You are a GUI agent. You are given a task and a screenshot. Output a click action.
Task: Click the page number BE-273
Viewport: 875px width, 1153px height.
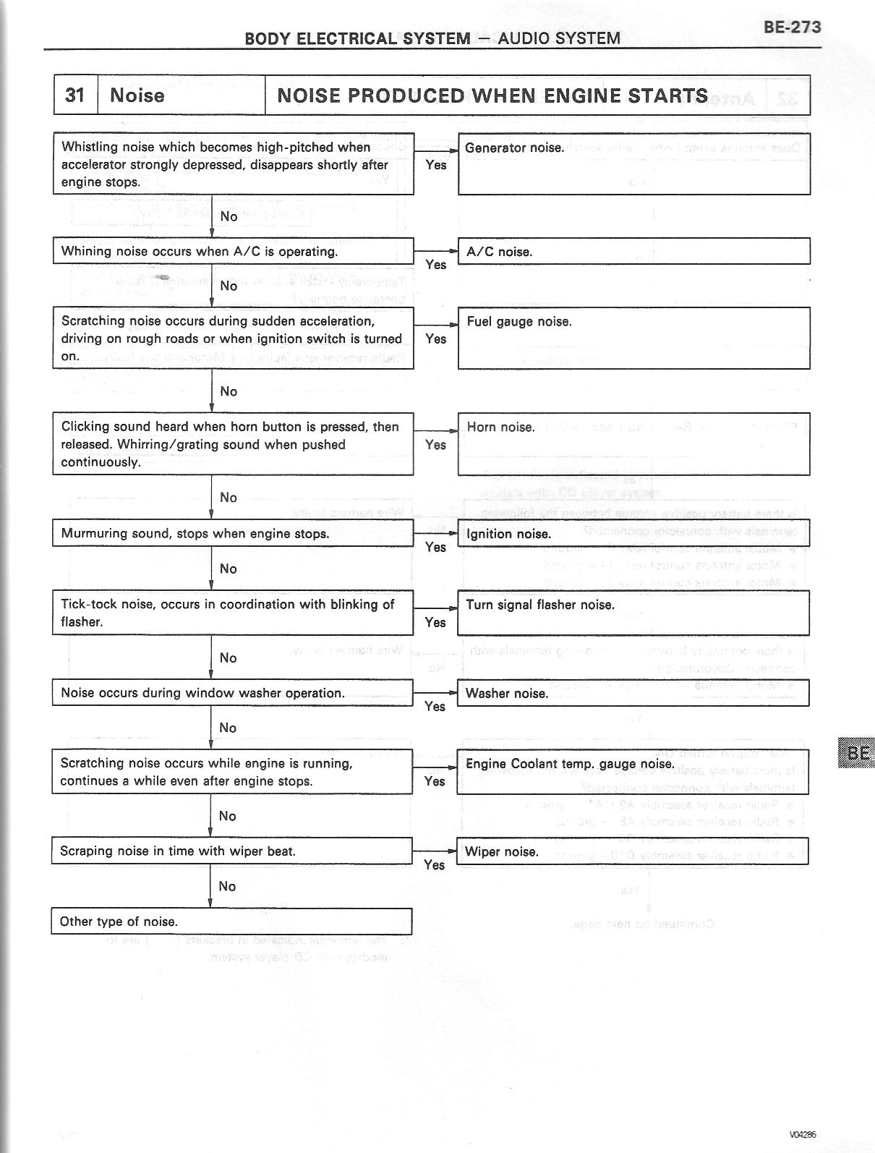click(792, 27)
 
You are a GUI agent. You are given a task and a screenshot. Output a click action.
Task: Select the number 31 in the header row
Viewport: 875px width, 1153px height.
click(74, 95)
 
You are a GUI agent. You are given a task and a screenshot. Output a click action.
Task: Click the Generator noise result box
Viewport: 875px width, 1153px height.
click(633, 164)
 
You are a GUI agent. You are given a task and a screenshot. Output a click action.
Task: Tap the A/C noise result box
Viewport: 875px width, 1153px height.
click(633, 252)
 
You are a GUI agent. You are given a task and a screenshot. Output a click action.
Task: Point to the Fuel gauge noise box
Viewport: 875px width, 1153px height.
click(633, 338)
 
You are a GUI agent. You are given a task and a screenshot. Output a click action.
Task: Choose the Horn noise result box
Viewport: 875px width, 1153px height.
click(633, 443)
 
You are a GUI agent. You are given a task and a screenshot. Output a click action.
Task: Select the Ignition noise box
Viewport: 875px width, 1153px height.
click(633, 533)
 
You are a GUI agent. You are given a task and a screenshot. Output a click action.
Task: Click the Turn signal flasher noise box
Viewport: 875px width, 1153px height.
click(633, 613)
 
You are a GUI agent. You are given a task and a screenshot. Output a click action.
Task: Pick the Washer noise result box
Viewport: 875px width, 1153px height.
click(633, 693)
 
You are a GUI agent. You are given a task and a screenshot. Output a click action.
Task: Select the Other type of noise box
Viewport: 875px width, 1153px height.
click(231, 922)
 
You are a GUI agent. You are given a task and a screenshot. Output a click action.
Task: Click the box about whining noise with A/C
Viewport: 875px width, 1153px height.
click(233, 251)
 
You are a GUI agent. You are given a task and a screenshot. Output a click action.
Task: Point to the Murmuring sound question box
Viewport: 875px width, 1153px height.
click(233, 534)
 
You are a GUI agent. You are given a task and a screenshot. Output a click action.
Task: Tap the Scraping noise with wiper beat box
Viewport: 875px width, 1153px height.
click(231, 851)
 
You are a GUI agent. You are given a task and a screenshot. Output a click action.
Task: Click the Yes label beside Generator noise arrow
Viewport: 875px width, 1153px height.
click(436, 165)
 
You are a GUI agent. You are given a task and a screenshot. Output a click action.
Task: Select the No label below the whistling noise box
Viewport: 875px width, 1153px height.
click(229, 216)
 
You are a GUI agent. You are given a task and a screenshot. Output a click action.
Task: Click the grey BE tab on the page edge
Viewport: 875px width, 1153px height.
click(856, 753)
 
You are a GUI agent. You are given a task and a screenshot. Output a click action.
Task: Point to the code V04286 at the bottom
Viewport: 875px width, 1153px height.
click(803, 1135)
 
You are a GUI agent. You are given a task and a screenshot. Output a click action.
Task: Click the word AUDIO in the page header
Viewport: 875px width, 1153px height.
click(525, 38)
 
